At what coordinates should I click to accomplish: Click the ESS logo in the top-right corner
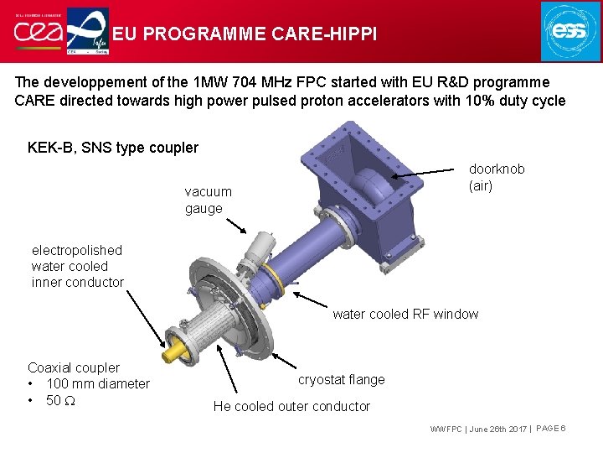570,32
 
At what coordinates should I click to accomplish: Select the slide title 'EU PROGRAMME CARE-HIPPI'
245,34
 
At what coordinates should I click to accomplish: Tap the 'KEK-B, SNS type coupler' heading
113,148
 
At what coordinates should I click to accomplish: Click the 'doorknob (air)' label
497,177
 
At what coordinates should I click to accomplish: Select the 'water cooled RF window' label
405,315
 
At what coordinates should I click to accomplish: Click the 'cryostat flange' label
342,379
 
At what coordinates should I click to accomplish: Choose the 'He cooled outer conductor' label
291,406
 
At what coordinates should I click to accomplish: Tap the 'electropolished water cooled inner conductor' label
77,266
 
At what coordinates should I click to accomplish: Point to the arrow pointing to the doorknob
428,174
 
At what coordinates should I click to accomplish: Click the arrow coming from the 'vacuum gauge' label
235,223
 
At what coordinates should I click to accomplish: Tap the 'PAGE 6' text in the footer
550,429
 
